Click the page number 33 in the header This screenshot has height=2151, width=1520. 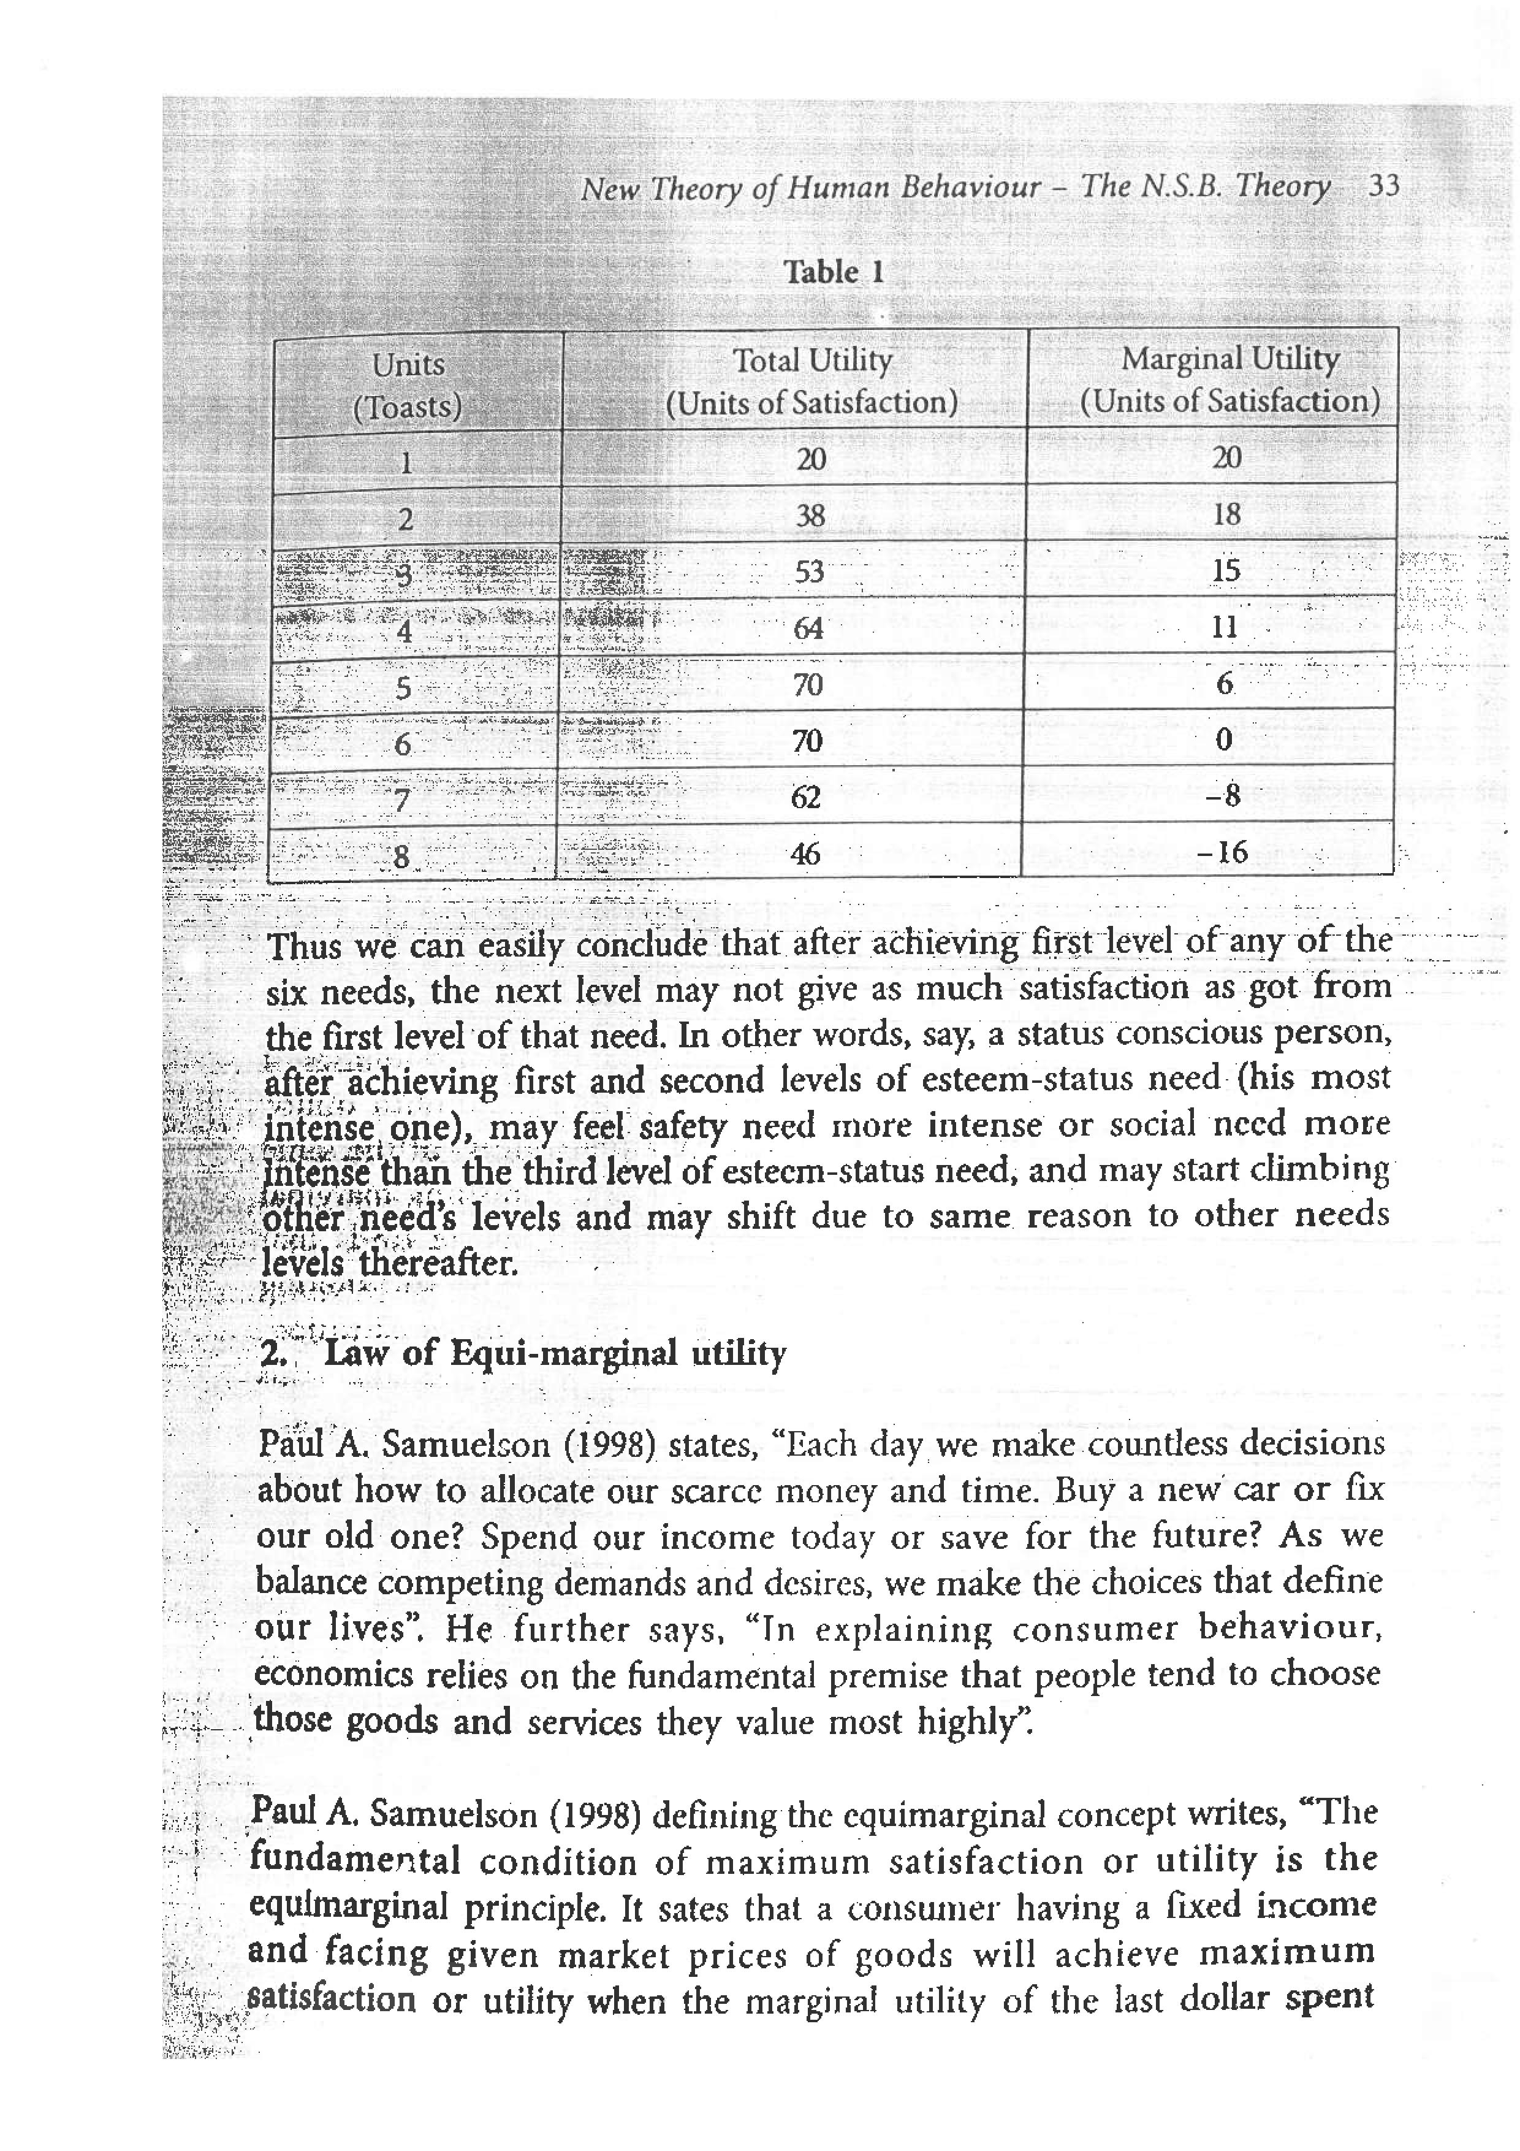pyautogui.click(x=1383, y=186)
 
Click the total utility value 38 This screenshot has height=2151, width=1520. pyautogui.click(x=810, y=515)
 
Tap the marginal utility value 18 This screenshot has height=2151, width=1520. pyautogui.click(x=1226, y=514)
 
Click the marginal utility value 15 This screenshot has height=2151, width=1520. pyautogui.click(x=1225, y=570)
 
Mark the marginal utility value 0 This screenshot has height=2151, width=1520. pyautogui.click(x=1223, y=740)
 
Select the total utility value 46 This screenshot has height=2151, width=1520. pyautogui.click(x=805, y=854)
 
